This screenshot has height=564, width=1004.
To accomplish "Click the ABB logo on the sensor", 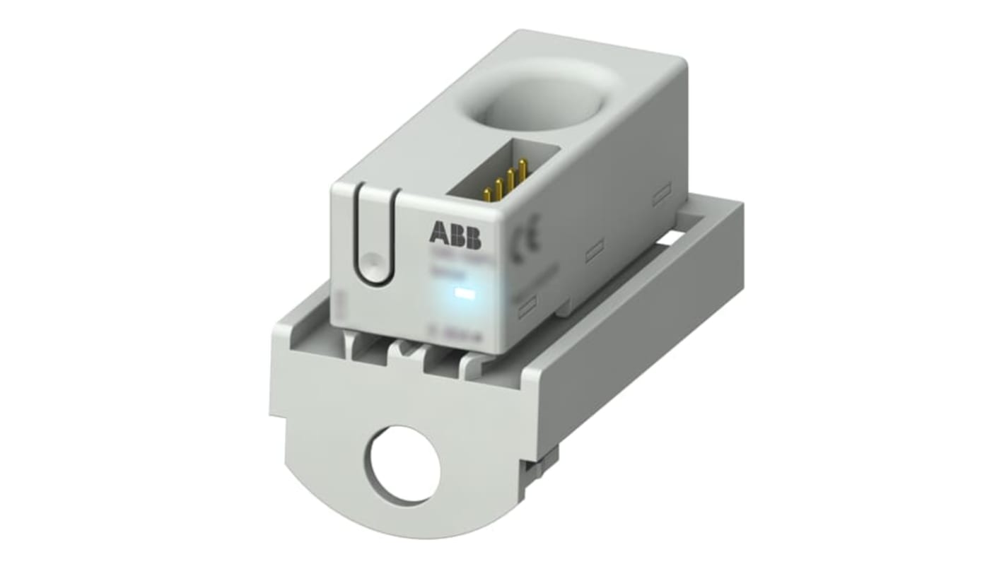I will [454, 235].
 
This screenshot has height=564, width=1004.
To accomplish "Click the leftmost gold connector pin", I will [487, 194].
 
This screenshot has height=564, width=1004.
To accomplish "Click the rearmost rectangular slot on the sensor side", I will [661, 194].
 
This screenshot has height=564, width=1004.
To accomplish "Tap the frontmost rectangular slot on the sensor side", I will [527, 305].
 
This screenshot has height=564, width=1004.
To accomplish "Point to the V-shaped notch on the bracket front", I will [402, 348].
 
